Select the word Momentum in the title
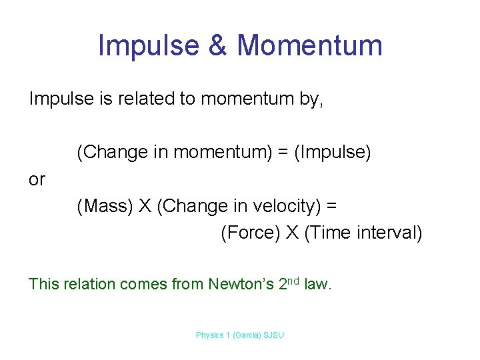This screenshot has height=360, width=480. coord(310,45)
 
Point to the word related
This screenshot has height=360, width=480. coord(142,99)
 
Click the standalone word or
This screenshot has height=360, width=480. coord(37,179)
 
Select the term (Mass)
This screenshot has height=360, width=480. coord(104,207)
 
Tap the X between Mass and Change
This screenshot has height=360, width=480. coord(145,207)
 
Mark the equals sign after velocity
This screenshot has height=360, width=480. coord(331,207)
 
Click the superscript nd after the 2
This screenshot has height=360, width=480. coord(293,281)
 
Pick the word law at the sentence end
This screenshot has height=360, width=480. coord(317,285)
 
